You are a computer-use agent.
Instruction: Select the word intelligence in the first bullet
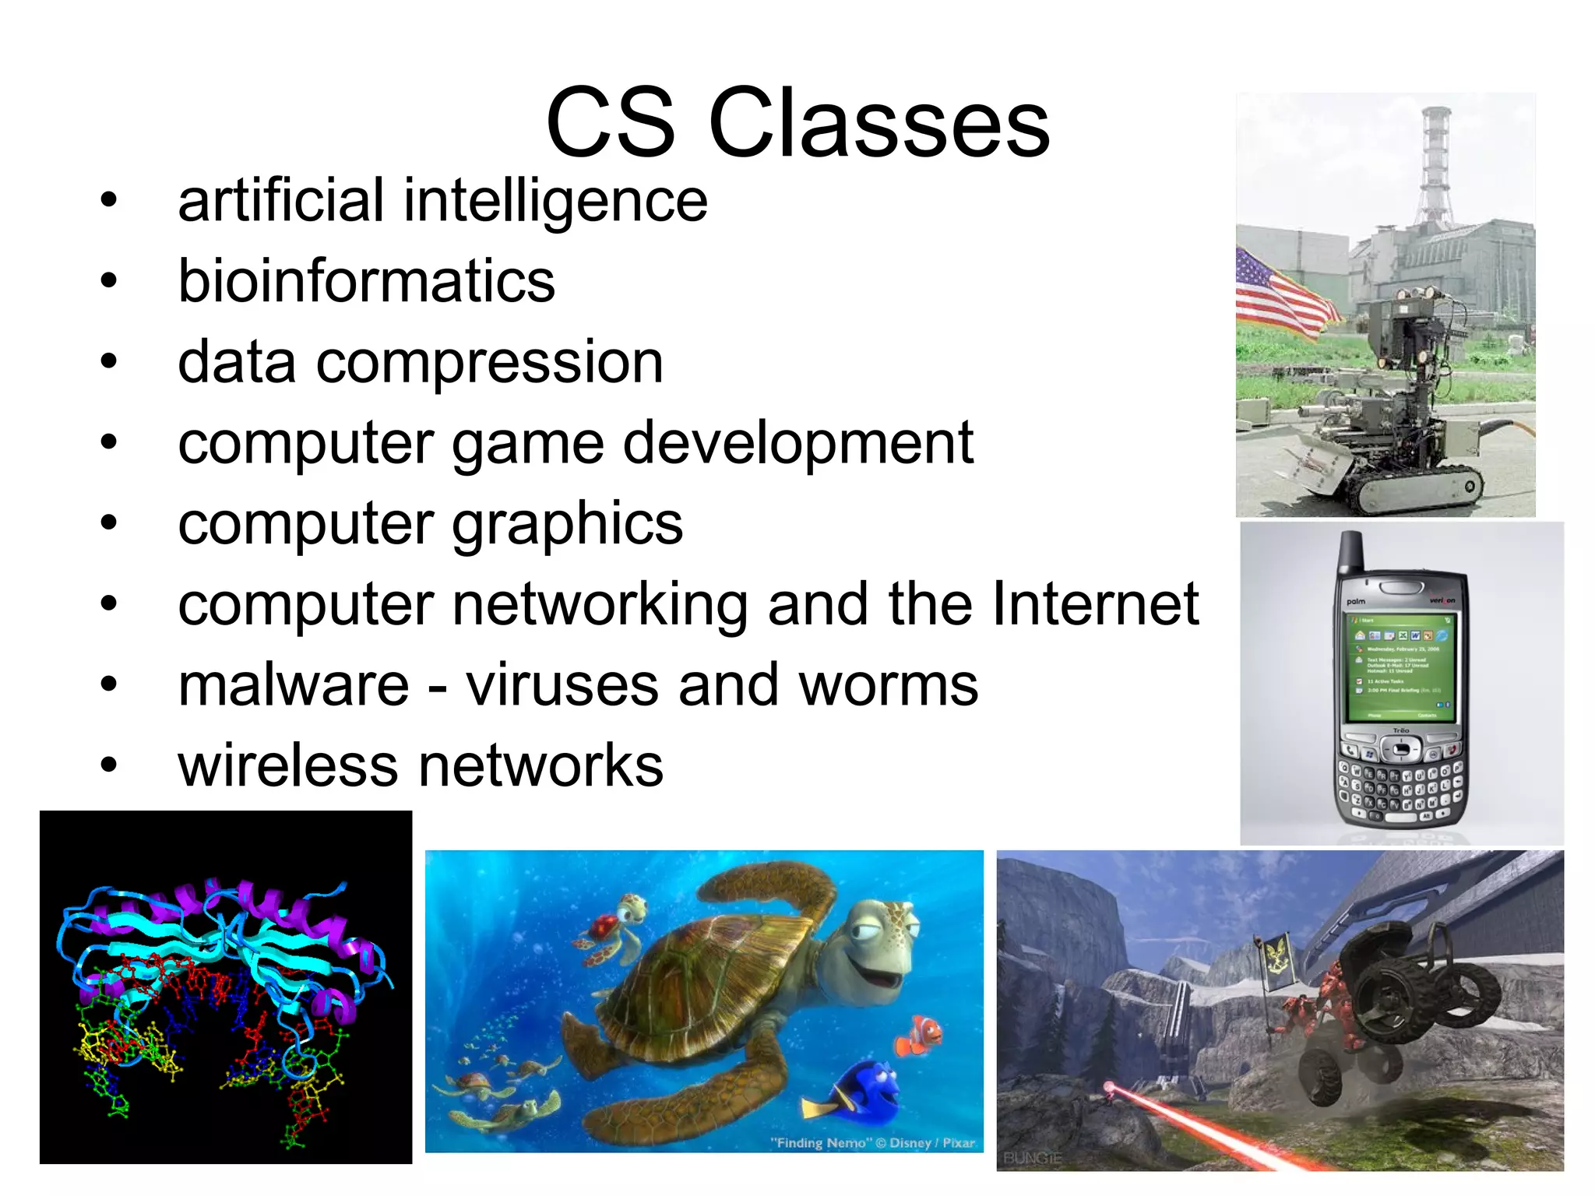click(555, 201)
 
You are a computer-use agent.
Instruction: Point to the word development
click(797, 444)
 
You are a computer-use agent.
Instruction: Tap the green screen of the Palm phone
click(1401, 667)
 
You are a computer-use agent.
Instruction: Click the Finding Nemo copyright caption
click(872, 1143)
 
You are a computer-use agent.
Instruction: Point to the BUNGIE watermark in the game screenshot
click(1032, 1158)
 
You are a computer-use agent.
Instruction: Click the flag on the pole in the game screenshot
click(1274, 962)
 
